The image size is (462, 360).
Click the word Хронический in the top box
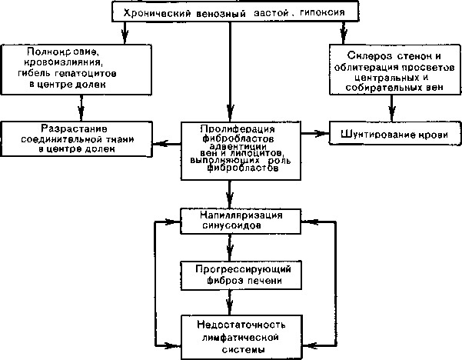tap(158, 14)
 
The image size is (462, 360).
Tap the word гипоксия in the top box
tap(322, 12)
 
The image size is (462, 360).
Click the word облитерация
tap(367, 67)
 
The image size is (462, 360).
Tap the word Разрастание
tap(74, 128)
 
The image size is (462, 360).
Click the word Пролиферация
tap(238, 129)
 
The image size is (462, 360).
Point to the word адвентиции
tap(238, 146)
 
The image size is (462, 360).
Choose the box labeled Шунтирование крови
tap(395, 133)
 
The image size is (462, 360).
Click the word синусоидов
tap(231, 225)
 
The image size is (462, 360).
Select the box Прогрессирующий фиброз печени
tap(241, 275)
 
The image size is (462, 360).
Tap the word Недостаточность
tap(241, 325)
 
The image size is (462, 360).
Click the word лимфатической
tap(241, 337)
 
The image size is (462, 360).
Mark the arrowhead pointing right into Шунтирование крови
tap(322, 134)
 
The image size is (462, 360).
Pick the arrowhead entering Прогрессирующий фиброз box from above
tap(230, 254)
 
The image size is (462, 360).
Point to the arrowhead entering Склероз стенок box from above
tap(343, 37)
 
